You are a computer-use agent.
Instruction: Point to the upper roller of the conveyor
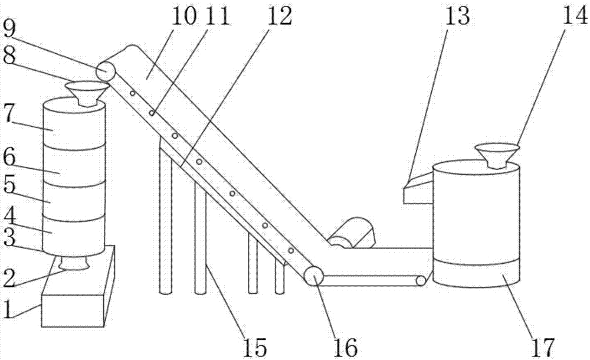[x=106, y=71]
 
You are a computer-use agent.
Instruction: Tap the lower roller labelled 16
[x=313, y=276]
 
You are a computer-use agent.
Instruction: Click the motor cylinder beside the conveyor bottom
[x=353, y=233]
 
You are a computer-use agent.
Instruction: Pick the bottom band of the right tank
[x=477, y=274]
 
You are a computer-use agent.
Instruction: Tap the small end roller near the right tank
[x=421, y=282]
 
